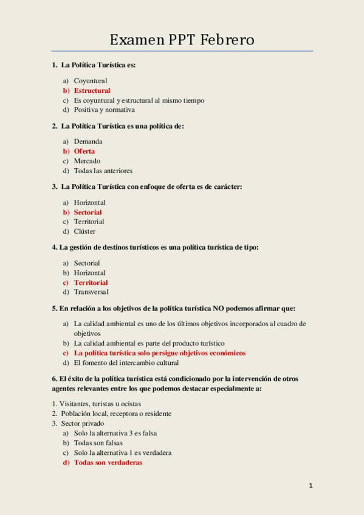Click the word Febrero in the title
point(227,40)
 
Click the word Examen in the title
point(137,40)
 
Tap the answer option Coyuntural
point(91,81)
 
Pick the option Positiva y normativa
point(104,110)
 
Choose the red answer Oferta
point(84,151)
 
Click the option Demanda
point(88,142)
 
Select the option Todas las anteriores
point(103,171)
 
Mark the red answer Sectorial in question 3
point(88,212)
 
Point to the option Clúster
point(84,231)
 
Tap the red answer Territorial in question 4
point(91,282)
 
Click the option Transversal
point(91,292)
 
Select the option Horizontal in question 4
point(89,273)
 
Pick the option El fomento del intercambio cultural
point(126,363)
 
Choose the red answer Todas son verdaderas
point(108,462)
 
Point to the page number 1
point(311,485)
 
